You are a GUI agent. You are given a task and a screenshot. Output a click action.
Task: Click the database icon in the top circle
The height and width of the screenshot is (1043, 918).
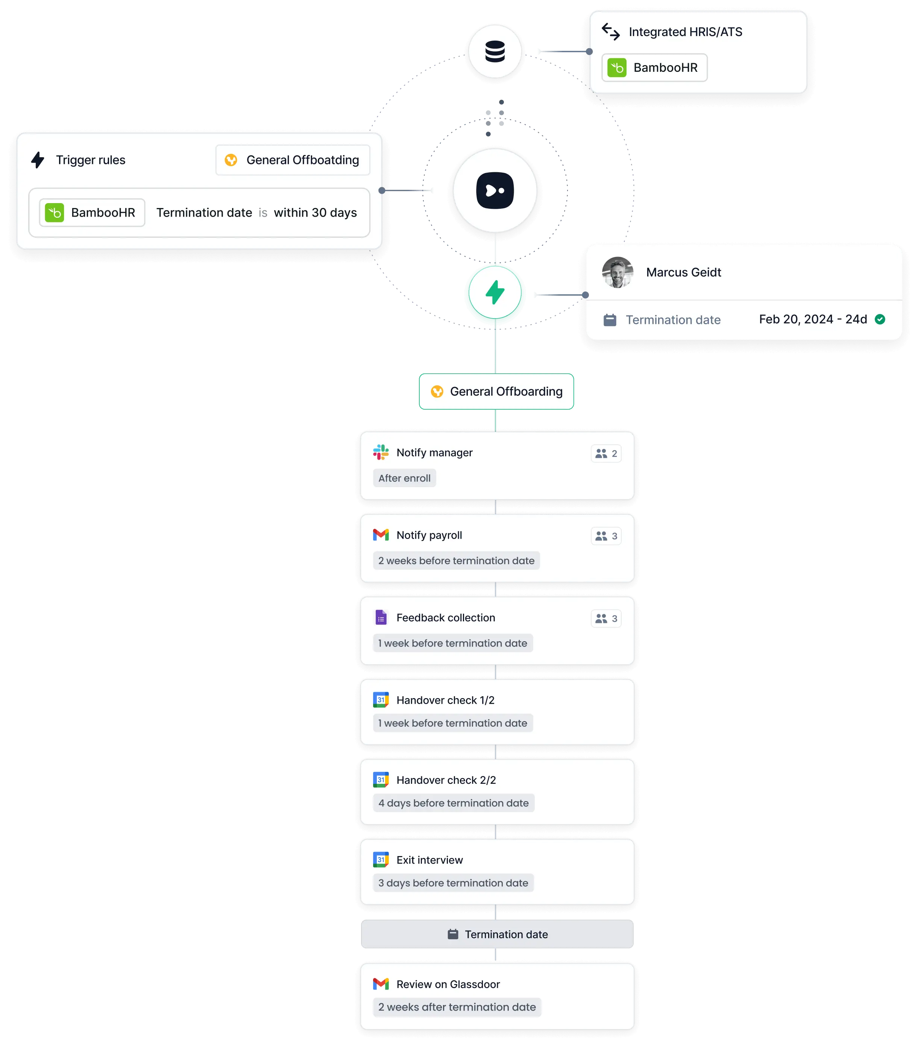495,52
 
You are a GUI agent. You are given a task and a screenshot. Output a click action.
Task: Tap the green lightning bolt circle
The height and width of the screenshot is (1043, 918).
495,293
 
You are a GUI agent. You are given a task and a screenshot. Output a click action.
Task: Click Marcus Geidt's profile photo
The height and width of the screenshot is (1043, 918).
618,272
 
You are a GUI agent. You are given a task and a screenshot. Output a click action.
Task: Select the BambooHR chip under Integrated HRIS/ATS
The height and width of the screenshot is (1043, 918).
654,68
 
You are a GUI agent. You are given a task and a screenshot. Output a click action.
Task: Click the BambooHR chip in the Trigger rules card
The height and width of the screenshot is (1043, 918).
92,213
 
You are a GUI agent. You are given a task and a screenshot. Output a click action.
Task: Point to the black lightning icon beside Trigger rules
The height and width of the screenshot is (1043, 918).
38,160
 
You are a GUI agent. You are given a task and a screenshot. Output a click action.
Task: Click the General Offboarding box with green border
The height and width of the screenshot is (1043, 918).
496,392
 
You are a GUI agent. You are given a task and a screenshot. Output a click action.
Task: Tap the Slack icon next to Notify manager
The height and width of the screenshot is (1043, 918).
381,452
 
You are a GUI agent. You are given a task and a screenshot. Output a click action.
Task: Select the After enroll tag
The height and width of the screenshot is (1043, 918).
404,478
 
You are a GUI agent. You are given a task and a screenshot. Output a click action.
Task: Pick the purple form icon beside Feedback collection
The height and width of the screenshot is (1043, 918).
381,618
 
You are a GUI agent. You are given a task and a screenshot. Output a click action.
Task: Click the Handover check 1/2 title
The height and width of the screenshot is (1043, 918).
445,700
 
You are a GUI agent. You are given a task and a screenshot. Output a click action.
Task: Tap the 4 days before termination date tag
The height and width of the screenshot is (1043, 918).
453,803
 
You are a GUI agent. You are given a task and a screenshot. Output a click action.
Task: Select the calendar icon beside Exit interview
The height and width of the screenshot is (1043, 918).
381,860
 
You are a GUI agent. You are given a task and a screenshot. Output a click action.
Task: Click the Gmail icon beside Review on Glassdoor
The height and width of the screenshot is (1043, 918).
381,984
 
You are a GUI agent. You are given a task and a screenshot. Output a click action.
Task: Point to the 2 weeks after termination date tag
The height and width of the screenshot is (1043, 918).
457,1007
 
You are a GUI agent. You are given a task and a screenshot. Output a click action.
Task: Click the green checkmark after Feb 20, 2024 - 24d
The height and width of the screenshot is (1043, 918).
880,319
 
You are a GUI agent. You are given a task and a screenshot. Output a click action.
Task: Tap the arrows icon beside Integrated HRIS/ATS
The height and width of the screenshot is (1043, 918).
610,32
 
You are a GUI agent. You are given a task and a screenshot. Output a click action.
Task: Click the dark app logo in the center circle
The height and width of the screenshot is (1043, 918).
495,191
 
